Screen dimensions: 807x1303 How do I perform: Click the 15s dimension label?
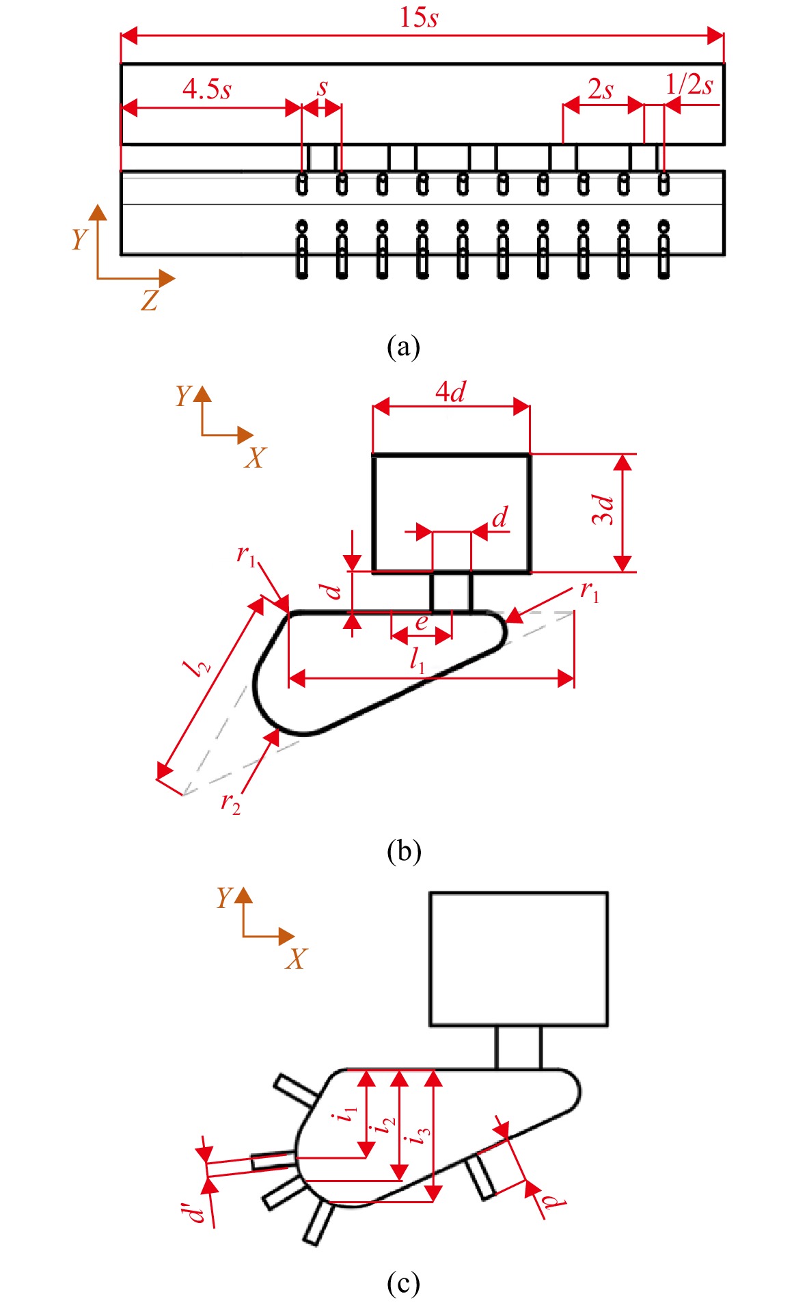(x=418, y=16)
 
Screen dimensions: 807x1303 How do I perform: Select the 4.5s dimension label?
(x=207, y=89)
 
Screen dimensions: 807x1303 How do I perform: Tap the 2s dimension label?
(x=600, y=89)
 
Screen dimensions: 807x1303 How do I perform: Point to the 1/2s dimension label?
(x=689, y=84)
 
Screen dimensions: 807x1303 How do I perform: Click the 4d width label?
(x=451, y=391)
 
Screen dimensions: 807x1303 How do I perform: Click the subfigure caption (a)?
(x=403, y=347)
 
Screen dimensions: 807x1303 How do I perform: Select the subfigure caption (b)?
(x=404, y=851)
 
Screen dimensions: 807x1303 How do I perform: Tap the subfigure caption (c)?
(x=403, y=1283)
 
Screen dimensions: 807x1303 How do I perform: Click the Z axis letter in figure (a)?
(x=150, y=300)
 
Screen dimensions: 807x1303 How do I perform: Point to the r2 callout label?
(x=230, y=803)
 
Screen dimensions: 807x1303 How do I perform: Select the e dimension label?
(x=422, y=622)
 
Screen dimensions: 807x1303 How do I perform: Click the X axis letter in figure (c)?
(x=297, y=958)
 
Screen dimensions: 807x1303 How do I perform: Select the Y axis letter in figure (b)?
(x=182, y=395)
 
